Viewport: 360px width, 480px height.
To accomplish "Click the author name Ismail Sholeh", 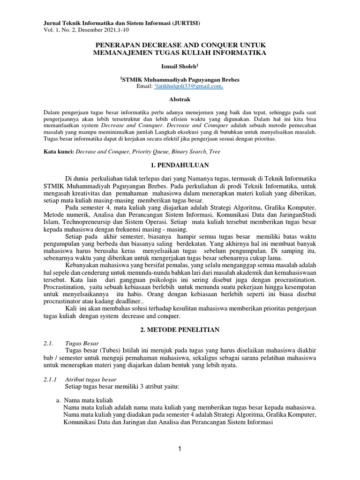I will (180, 67).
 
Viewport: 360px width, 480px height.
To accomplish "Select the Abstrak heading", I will (180, 100).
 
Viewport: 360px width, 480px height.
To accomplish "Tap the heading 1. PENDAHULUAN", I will (180, 165).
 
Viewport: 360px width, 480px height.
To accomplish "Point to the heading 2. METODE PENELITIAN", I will (180, 330).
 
